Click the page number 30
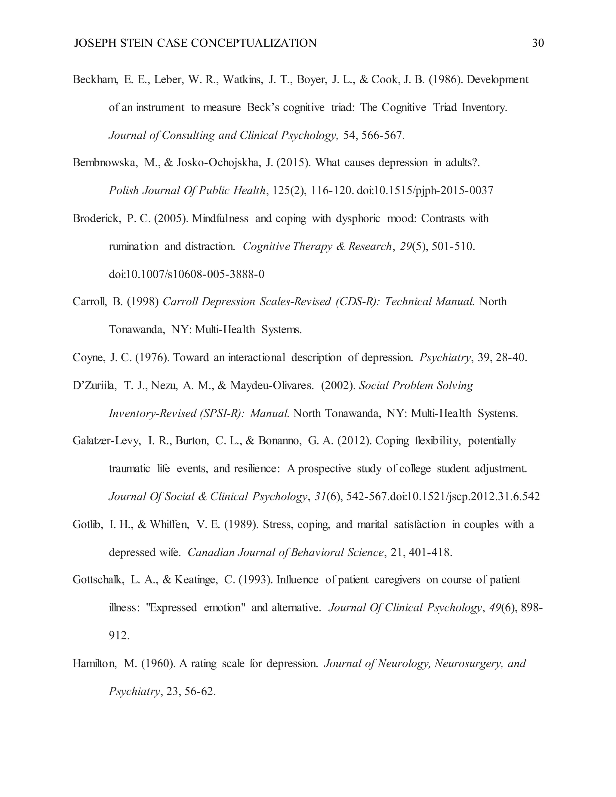coord(538,43)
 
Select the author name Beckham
coord(94,80)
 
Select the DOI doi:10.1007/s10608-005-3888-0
coord(186,274)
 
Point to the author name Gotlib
coord(88,525)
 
